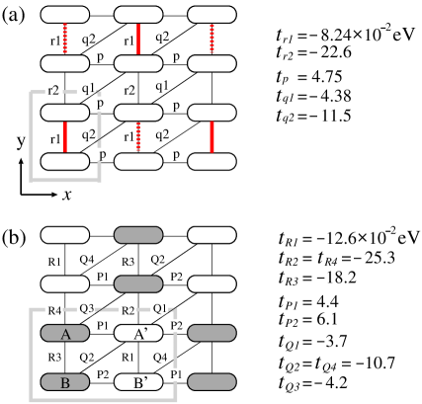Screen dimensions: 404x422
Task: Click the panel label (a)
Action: click(x=13, y=14)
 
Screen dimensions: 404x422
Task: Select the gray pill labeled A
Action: click(x=65, y=333)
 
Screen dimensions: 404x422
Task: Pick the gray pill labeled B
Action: click(x=65, y=380)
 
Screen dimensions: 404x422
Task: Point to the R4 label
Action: click(x=56, y=311)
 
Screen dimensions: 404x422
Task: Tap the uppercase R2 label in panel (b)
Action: click(x=127, y=309)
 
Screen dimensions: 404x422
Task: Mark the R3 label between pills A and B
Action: click(x=55, y=356)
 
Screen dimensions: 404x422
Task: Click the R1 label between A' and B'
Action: click(x=127, y=356)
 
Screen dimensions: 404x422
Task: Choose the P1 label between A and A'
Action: click(x=103, y=324)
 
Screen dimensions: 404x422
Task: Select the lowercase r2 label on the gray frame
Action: click(x=54, y=90)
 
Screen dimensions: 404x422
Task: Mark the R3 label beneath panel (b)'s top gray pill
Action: click(x=127, y=261)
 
